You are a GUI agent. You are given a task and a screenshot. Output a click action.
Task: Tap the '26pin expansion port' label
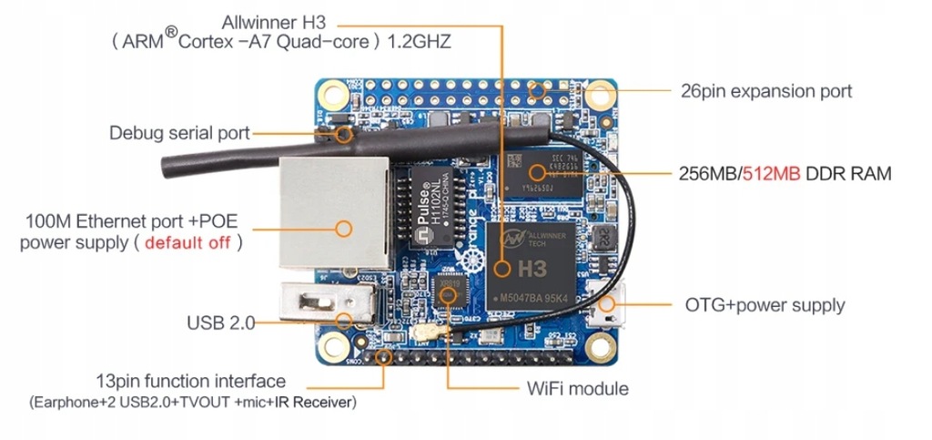tap(766, 91)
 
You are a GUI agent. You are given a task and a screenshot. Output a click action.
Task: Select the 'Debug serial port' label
tap(179, 133)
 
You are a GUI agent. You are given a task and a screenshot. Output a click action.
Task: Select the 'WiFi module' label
tap(577, 388)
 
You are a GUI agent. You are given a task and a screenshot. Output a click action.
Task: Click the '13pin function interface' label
tap(190, 381)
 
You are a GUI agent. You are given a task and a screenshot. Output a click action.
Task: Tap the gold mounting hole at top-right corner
tap(601, 93)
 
